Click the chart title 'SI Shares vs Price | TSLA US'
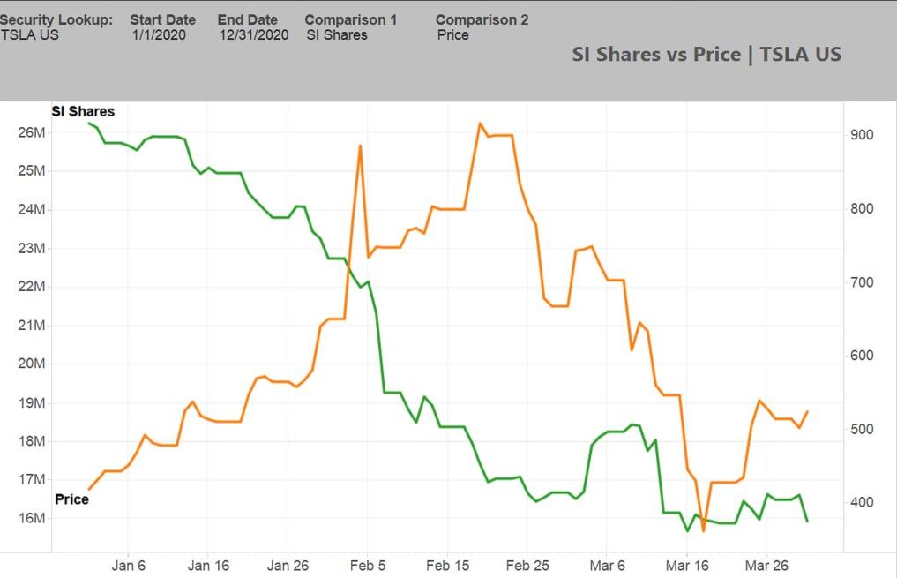coord(706,55)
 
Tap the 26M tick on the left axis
coord(32,132)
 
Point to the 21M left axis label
coord(32,325)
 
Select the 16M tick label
coord(32,518)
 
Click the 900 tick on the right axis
coord(862,135)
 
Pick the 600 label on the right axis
coord(862,356)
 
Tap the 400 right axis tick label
coord(862,502)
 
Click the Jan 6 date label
coord(128,566)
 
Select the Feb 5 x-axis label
coord(368,566)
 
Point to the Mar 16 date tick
coord(687,566)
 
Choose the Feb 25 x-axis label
coord(527,566)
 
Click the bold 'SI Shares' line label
coord(83,111)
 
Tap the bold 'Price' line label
coord(72,499)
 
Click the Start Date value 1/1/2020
coord(159,35)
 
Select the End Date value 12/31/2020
coord(254,35)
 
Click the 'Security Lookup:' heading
coord(56,19)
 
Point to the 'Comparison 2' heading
coord(482,19)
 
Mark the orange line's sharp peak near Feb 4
coord(361,146)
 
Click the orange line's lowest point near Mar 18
coord(704,531)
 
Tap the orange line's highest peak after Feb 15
coord(480,123)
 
